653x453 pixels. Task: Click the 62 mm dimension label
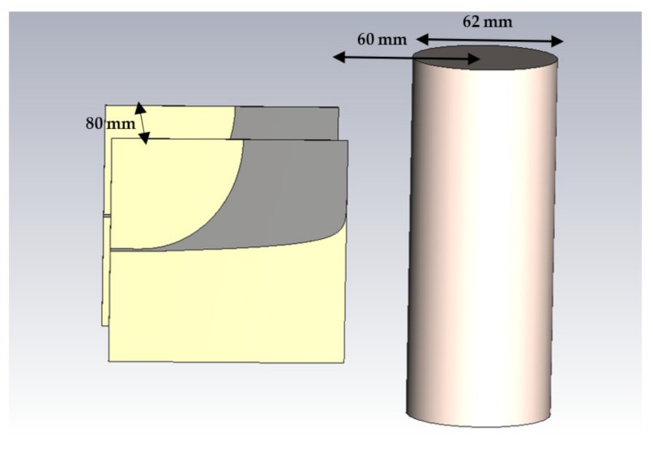[x=487, y=22]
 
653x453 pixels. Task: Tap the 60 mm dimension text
[x=382, y=39]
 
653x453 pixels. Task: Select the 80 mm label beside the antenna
[x=110, y=124]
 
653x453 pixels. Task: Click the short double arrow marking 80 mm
[x=142, y=123]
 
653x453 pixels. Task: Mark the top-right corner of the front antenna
[x=347, y=141]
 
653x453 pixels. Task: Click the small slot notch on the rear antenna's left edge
[x=106, y=216]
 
